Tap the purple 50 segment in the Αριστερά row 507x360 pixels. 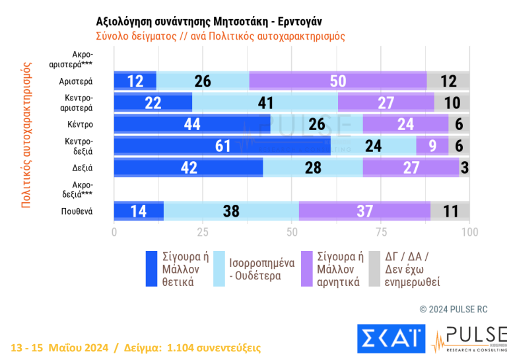coord(337,81)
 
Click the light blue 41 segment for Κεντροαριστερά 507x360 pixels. coord(265,102)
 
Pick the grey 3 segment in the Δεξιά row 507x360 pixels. coord(465,167)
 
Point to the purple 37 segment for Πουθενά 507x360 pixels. coord(364,211)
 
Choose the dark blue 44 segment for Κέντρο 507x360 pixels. coord(192,124)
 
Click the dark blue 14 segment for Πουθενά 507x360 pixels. coord(139,211)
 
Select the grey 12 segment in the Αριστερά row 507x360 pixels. coord(448,81)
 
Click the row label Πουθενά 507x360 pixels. coord(78,211)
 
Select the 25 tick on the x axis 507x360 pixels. coord(203,233)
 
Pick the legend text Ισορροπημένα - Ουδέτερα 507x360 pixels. coord(261,269)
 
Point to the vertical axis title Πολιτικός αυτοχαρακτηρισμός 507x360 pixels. coord(26,135)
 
